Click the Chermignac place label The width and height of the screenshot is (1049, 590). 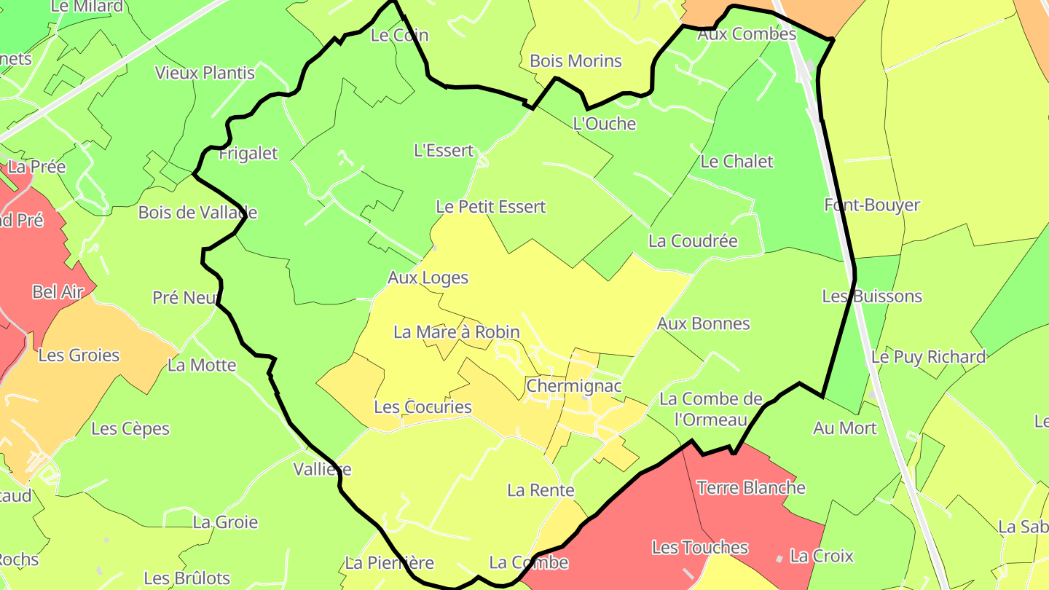pyautogui.click(x=574, y=385)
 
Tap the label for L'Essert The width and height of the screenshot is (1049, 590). pyautogui.click(x=444, y=151)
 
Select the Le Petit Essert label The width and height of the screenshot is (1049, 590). pyautogui.click(x=490, y=207)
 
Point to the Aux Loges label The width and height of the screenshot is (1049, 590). pyautogui.click(x=428, y=278)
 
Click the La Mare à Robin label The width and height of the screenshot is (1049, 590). pyautogui.click(x=457, y=332)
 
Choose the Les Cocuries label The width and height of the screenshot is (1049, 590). pyautogui.click(x=423, y=407)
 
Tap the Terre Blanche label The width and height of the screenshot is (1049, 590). pyautogui.click(x=752, y=487)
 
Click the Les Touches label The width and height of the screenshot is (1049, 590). pyautogui.click(x=699, y=547)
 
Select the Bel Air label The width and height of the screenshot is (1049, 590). pyautogui.click(x=58, y=292)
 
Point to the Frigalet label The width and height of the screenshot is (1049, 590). pyautogui.click(x=248, y=153)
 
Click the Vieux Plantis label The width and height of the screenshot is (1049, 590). pyautogui.click(x=205, y=73)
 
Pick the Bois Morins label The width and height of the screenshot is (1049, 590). pyautogui.click(x=575, y=61)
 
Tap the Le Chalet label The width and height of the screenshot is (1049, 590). pyautogui.click(x=736, y=162)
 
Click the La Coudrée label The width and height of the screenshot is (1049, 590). pyautogui.click(x=693, y=241)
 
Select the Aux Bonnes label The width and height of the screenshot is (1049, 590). pyautogui.click(x=703, y=323)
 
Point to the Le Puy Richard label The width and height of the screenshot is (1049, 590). pyautogui.click(x=928, y=357)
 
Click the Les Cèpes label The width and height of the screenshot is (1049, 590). pyautogui.click(x=130, y=429)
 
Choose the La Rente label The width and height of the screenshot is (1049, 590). pyautogui.click(x=541, y=490)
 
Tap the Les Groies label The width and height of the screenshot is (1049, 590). pyautogui.click(x=79, y=355)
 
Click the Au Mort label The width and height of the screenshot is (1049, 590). pyautogui.click(x=845, y=428)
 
